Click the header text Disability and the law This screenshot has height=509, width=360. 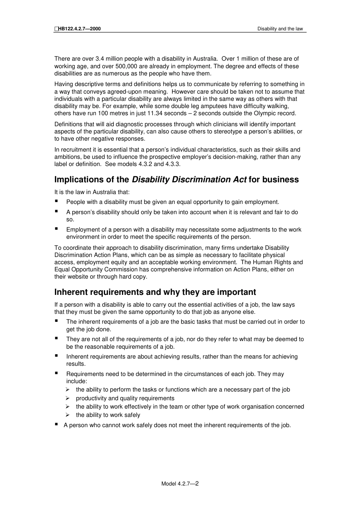[x=280, y=29]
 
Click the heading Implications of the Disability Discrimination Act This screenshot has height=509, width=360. [x=176, y=180]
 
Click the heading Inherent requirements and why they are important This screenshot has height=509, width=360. [x=155, y=292]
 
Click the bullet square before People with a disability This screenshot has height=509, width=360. [x=56, y=201]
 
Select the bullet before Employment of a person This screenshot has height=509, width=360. [x=56, y=229]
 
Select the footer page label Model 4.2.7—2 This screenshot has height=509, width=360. [x=180, y=484]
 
